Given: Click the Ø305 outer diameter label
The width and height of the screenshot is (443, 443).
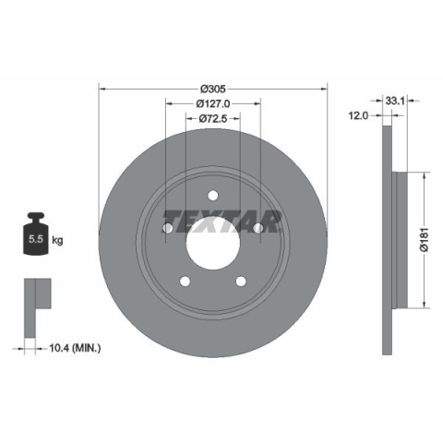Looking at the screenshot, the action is tap(213, 89).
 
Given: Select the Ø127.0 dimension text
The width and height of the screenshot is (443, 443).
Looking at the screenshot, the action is tap(213, 103).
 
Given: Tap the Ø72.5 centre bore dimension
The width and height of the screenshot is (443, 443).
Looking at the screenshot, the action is tap(213, 118).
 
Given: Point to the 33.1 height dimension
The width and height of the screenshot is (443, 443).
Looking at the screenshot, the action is tap(395, 101).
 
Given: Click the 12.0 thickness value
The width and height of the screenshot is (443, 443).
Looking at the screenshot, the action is tap(358, 115).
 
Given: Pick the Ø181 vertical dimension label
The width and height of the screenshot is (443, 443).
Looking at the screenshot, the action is tap(425, 240).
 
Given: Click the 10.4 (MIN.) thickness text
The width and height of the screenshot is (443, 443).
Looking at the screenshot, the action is tap(75, 348).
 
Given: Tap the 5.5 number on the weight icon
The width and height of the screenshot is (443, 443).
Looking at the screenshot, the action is tap(36, 239).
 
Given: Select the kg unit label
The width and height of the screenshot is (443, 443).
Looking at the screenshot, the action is tap(57, 240).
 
